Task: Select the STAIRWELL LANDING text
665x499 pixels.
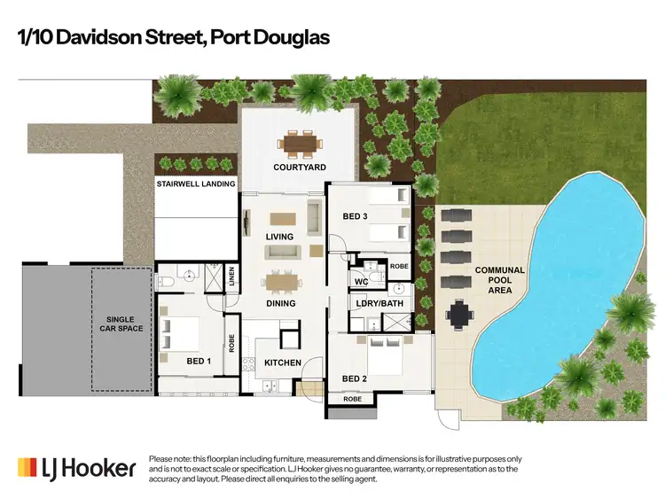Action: tap(196, 184)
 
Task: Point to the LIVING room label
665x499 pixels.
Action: tap(280, 237)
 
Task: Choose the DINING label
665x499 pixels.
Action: tap(281, 303)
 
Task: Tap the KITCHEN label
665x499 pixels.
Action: tap(283, 363)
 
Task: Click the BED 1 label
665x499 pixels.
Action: tap(199, 362)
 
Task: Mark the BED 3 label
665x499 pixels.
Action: tap(356, 215)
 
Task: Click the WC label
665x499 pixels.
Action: tap(361, 282)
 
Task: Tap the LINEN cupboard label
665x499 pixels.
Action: tap(232, 277)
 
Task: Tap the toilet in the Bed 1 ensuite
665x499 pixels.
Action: tap(166, 282)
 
